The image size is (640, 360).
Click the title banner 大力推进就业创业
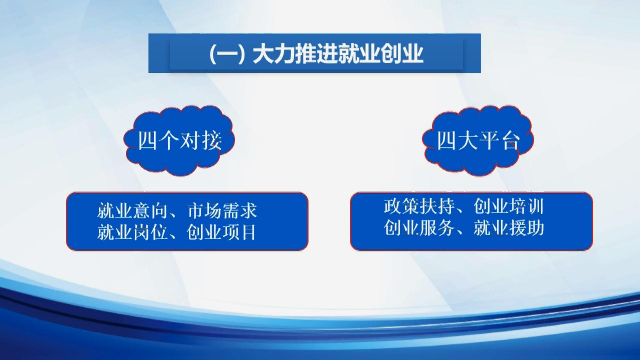[x=314, y=53]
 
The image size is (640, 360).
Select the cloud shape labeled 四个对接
[x=179, y=140]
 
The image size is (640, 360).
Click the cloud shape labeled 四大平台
[x=478, y=140]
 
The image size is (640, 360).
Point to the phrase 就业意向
[x=132, y=211]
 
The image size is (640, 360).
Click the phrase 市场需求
[x=222, y=211]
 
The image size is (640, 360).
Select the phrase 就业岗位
[x=132, y=232]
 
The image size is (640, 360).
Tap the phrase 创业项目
[x=222, y=232]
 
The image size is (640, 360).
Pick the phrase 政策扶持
[x=419, y=206]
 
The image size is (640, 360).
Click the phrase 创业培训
[x=509, y=206]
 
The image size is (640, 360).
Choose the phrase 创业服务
[x=419, y=228]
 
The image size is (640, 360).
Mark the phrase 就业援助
[x=509, y=228]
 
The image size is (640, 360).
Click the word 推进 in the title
[x=316, y=54]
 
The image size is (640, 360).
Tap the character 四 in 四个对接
[x=148, y=140]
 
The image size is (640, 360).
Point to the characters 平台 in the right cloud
[x=499, y=140]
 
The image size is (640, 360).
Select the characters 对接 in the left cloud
[x=201, y=140]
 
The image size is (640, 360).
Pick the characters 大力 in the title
[x=274, y=54]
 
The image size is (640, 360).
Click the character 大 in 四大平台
[x=468, y=140]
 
